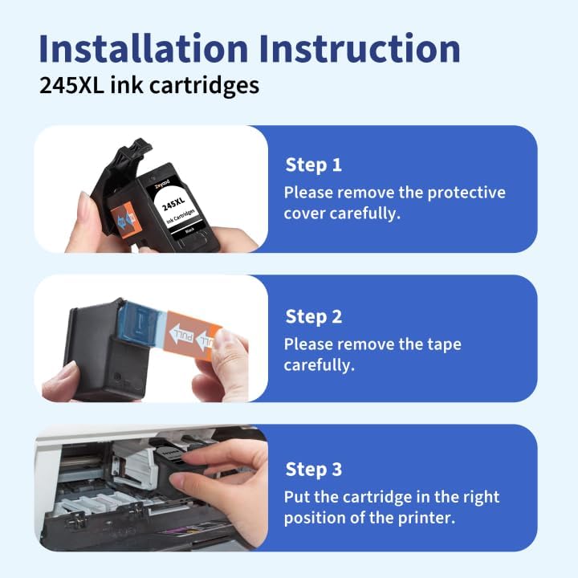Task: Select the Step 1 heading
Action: pyautogui.click(x=313, y=165)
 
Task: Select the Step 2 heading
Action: pyautogui.click(x=313, y=316)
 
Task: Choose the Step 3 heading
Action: pyautogui.click(x=313, y=469)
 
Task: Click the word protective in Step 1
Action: pyautogui.click(x=466, y=193)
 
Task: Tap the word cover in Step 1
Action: pyautogui.click(x=305, y=214)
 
